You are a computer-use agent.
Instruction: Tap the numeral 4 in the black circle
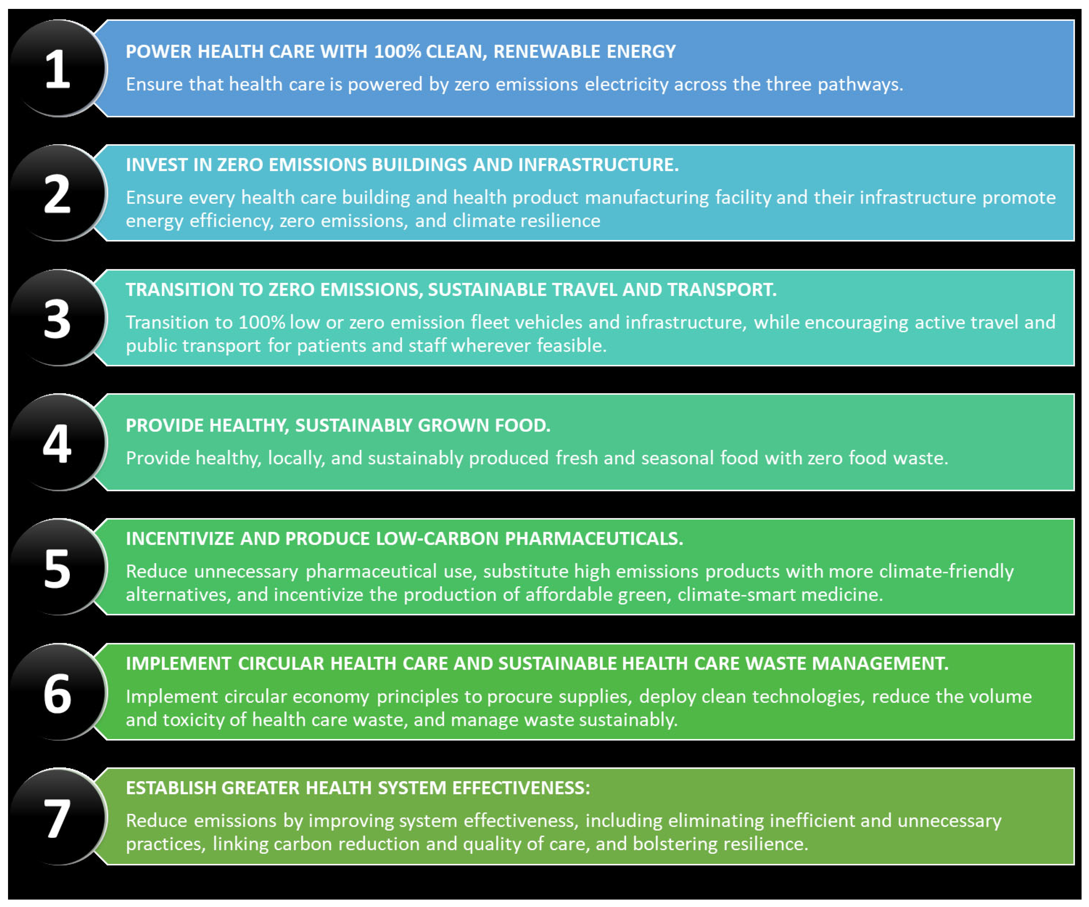(x=57, y=444)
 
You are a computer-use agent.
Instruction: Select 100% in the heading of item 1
(x=397, y=52)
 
